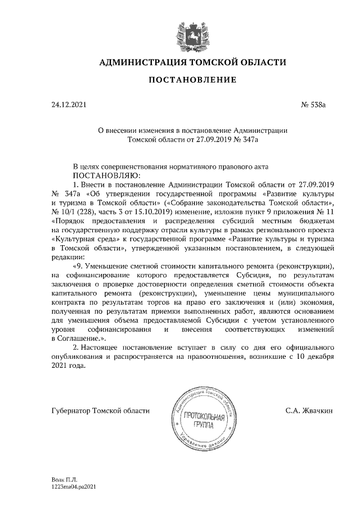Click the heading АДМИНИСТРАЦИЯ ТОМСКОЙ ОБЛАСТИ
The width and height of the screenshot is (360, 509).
[188, 62]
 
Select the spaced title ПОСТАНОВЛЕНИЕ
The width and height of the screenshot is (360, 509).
[188, 80]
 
